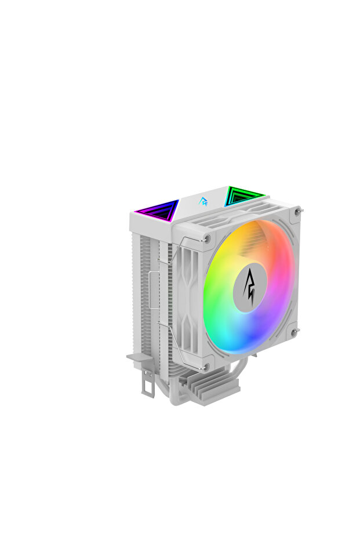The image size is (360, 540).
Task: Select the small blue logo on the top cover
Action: pyautogui.click(x=203, y=201)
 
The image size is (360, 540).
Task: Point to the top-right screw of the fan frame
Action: pyautogui.click(x=297, y=212)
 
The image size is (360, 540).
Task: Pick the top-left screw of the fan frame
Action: pyautogui.click(x=207, y=238)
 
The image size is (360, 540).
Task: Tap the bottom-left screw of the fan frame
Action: pyautogui.click(x=206, y=367)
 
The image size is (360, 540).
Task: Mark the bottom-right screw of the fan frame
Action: pyautogui.click(x=294, y=332)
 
